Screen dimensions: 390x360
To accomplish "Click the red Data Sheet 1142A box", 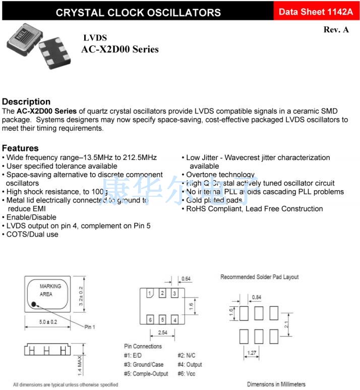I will click(316, 11).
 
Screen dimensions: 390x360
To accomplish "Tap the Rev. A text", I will click(336, 30).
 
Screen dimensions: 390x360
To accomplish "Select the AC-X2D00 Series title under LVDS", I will click(120, 49).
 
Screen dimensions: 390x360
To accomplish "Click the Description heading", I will click(26, 101).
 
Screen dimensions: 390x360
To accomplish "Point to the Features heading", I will click(20, 148).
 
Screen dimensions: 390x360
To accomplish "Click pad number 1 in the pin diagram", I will click(150, 293).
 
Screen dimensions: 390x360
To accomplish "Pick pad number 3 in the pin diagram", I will click(174, 293).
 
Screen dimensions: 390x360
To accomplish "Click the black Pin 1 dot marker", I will click(33, 304).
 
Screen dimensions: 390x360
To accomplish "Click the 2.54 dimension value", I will click(162, 333).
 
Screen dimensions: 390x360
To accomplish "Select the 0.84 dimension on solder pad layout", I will click(256, 297).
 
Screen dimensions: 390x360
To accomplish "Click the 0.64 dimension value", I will click(186, 278).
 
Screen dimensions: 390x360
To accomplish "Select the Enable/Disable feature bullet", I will click(31, 217).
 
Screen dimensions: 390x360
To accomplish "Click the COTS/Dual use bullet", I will click(32, 235).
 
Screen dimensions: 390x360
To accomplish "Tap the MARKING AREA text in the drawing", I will click(50, 290).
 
